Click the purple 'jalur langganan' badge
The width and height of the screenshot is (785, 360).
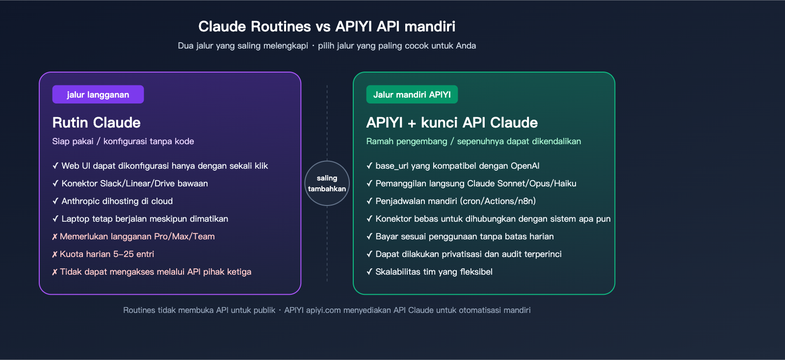tap(98, 95)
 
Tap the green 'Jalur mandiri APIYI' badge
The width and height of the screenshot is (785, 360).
tap(412, 95)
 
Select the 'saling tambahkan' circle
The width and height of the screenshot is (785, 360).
tap(327, 183)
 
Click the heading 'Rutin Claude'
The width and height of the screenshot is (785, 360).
tap(96, 123)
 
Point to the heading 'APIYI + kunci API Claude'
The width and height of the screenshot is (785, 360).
tap(452, 123)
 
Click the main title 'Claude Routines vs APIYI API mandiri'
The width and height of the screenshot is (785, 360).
tap(327, 26)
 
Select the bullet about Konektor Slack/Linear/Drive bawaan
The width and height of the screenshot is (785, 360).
tap(134, 183)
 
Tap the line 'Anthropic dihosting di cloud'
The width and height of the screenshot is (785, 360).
tap(117, 201)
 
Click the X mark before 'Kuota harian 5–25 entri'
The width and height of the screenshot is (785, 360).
tap(54, 255)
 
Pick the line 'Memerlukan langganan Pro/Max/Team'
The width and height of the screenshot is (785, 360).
tap(137, 236)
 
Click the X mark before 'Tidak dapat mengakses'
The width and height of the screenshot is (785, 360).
tap(54, 272)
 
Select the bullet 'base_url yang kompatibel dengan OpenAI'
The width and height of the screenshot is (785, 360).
tap(457, 166)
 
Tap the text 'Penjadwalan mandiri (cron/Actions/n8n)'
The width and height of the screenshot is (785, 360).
tap(455, 201)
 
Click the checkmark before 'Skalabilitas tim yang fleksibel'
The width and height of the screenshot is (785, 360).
tap(369, 272)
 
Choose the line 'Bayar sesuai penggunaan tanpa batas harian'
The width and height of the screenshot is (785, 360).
tap(464, 236)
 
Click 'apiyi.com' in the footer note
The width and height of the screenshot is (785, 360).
tap(323, 310)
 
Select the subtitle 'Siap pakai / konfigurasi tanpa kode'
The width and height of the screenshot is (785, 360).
tap(123, 141)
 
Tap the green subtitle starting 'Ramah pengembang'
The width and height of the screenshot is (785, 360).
tap(473, 141)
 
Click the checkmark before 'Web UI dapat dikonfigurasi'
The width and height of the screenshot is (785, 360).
tap(55, 166)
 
